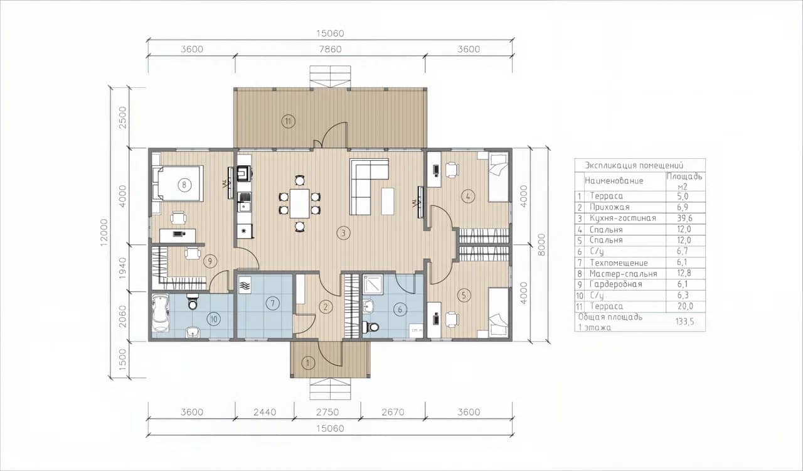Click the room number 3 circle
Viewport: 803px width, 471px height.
click(343, 233)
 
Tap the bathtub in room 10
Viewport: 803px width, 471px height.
click(160, 312)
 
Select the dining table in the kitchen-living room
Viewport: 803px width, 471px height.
click(300, 203)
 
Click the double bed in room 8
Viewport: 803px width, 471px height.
click(178, 183)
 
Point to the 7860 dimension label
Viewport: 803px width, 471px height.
click(330, 49)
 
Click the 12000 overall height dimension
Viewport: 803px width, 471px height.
click(104, 232)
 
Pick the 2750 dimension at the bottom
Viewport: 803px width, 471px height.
click(327, 412)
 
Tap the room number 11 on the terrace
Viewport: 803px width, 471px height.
click(288, 121)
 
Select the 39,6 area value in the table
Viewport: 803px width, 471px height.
click(684, 219)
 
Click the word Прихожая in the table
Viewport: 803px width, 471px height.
click(609, 207)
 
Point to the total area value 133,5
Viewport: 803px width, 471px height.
click(684, 322)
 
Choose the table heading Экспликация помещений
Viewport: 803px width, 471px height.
click(634, 166)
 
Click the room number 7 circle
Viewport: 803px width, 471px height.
click(272, 303)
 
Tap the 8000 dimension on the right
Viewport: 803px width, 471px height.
click(541, 244)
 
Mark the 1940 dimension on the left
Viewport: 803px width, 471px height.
click(122, 268)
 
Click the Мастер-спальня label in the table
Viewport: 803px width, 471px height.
click(624, 274)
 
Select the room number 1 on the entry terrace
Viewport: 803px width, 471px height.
click(307, 362)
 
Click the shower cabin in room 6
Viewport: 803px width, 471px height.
click(373, 284)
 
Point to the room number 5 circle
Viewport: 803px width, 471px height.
click(464, 295)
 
